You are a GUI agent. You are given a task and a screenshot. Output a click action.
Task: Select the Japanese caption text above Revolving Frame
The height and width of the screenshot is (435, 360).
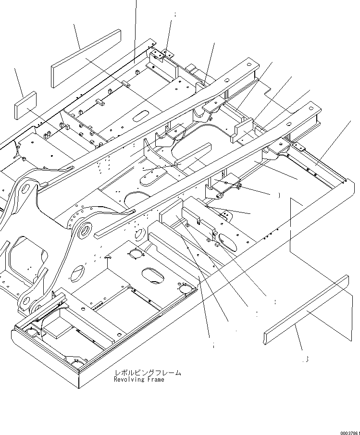click(x=148, y=373)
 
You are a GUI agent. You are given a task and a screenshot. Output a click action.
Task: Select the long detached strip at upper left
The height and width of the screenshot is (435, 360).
click(x=86, y=59)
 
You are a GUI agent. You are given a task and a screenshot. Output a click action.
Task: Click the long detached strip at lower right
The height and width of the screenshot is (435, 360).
click(x=306, y=310)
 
